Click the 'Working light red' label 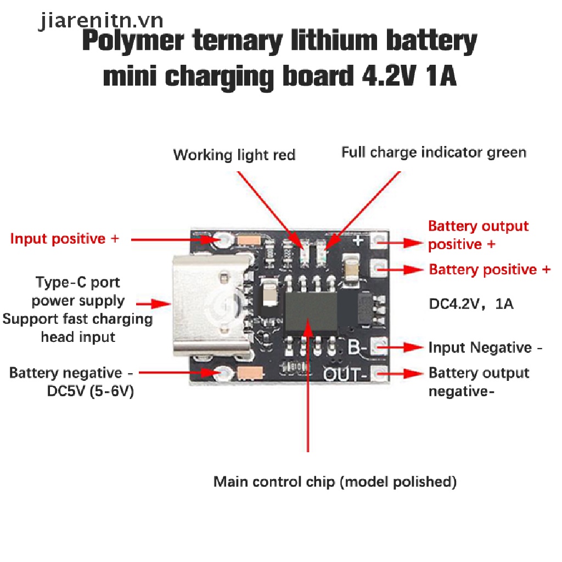[x=234, y=155]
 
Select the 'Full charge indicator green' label [x=434, y=152]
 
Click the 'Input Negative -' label [x=486, y=348]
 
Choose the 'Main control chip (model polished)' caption [x=335, y=482]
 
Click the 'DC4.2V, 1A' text [x=471, y=304]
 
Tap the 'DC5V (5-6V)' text [x=91, y=392]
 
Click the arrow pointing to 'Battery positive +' [x=405, y=269]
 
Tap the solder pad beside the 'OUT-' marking [x=378, y=373]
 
